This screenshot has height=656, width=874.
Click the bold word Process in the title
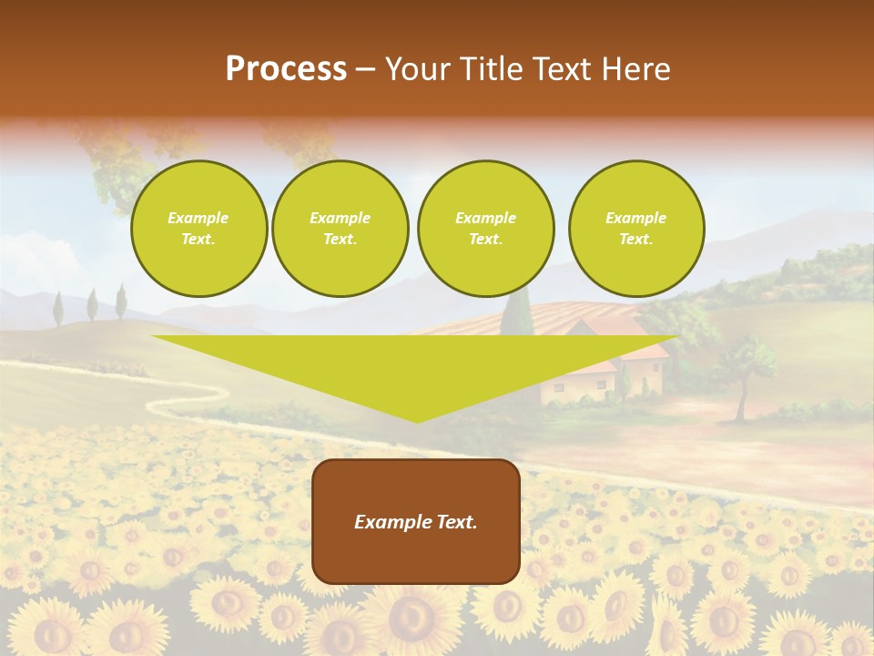click(x=286, y=69)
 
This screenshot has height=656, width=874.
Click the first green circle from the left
click(x=198, y=229)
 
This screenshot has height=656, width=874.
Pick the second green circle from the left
click(x=340, y=229)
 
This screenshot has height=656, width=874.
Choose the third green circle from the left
click(x=485, y=229)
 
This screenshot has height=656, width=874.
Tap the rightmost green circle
click(x=636, y=229)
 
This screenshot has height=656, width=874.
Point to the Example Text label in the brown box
click(x=416, y=522)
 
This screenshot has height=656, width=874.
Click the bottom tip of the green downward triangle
click(x=417, y=420)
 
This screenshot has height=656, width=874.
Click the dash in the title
click(x=365, y=69)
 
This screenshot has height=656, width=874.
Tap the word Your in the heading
click(x=415, y=69)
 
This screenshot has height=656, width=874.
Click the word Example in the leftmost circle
click(x=198, y=218)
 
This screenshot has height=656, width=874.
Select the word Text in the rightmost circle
click(x=636, y=240)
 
